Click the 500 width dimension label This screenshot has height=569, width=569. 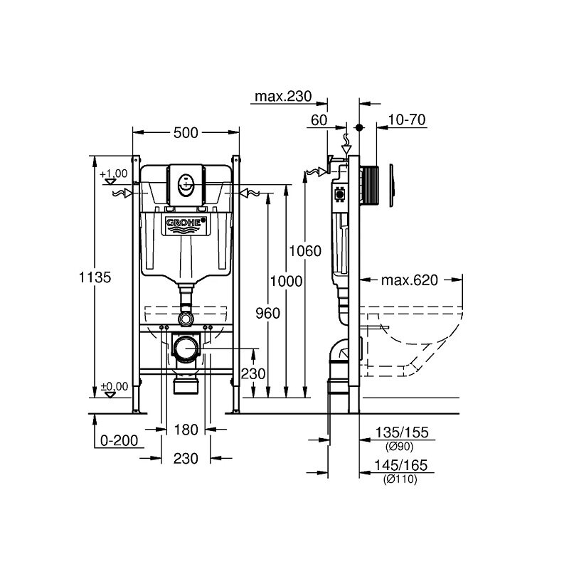[x=186, y=133]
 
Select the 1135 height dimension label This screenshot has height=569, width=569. [x=95, y=277]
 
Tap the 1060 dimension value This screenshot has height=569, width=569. [x=305, y=251]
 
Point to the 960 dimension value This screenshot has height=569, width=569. [x=268, y=313]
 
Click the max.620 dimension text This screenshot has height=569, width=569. [x=410, y=280]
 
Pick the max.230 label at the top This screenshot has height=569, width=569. [x=283, y=96]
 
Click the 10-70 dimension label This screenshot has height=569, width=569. [x=407, y=119]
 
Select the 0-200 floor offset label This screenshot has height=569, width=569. [x=119, y=440]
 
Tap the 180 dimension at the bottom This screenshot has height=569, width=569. [x=186, y=430]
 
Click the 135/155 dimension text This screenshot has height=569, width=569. [x=402, y=432]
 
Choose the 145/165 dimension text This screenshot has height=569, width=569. [x=401, y=465]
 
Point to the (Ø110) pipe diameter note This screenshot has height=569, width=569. [x=400, y=479]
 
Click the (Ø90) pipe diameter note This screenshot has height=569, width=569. [x=400, y=447]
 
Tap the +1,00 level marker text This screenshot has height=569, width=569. [x=114, y=174]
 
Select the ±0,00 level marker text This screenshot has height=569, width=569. [x=115, y=386]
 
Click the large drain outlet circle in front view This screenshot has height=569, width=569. [x=186, y=349]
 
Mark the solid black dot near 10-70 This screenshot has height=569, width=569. [x=359, y=128]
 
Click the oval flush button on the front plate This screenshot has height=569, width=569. [x=186, y=185]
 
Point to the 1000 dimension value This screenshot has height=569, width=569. [x=287, y=281]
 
